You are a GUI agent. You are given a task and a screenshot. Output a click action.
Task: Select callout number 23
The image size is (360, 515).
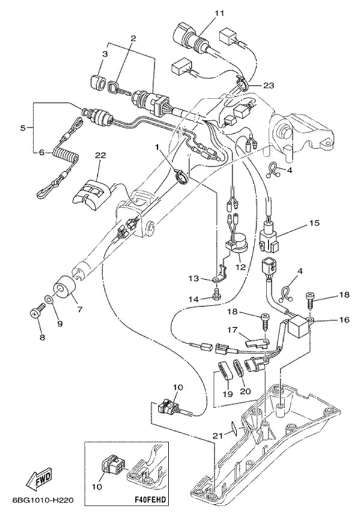(x=268, y=85)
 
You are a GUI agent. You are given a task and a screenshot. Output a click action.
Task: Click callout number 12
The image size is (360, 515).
(x=240, y=267)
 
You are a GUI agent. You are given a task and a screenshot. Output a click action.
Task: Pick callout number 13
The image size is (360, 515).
(x=193, y=279)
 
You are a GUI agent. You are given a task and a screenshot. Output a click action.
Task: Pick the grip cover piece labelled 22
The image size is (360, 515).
(x=94, y=189)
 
